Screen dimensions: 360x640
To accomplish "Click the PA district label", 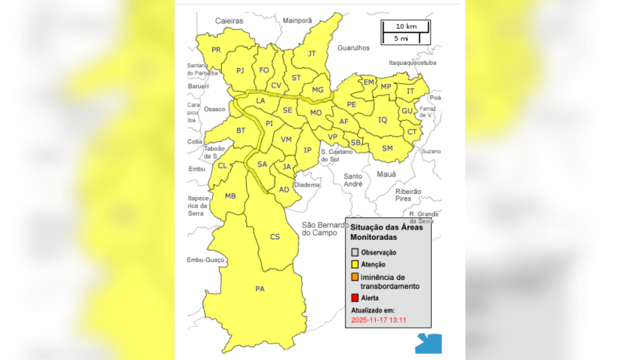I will [x=260, y=288].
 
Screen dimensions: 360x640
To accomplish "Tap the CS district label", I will [x=275, y=237].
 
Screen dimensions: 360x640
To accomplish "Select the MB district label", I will [x=230, y=196].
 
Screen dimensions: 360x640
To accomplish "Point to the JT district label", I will [x=312, y=54].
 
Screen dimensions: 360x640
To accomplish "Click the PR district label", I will [x=216, y=50].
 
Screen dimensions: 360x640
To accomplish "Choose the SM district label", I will [x=387, y=148].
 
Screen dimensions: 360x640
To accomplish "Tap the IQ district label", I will [x=382, y=119].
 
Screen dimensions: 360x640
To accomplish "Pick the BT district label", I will [x=241, y=131].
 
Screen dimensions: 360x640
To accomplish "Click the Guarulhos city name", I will [x=354, y=47].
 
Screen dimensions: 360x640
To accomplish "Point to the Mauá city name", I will [x=386, y=174].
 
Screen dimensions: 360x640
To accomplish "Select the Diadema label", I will [x=307, y=184].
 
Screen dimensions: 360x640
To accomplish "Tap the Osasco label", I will [x=215, y=109].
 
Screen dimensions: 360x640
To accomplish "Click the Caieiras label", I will [x=229, y=20].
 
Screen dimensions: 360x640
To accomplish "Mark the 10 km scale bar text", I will [x=405, y=26].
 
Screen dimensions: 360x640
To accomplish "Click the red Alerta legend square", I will [x=355, y=298].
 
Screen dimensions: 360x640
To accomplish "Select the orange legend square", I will [x=355, y=278].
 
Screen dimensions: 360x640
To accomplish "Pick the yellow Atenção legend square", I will [x=355, y=264].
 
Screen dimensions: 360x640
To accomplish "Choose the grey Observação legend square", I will [x=355, y=252].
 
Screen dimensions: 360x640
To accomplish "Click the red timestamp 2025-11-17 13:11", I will [x=379, y=320].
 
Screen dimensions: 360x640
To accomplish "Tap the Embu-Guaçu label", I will [x=206, y=260].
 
